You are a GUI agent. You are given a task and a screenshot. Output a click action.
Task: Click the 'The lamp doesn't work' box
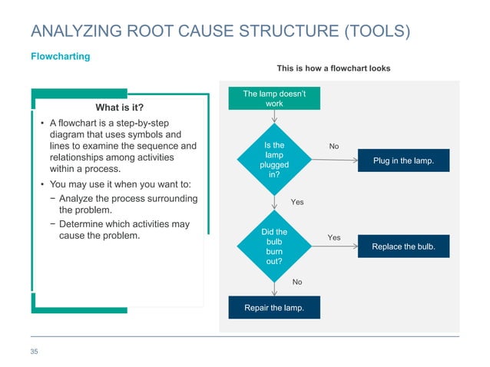(274, 98)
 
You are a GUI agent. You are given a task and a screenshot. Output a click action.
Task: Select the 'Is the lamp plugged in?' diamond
(274, 160)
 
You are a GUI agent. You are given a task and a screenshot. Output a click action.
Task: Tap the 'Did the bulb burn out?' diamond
(274, 246)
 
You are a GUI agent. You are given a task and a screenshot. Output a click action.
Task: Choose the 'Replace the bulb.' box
(403, 246)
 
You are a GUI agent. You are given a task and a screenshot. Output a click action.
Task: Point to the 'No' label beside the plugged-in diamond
(334, 146)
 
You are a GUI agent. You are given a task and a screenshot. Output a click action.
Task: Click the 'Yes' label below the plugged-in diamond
(297, 202)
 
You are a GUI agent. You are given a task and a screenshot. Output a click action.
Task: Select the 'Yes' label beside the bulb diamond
(334, 238)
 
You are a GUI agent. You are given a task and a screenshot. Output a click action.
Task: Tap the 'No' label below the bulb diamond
(297, 282)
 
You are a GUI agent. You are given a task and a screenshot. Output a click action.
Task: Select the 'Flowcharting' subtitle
(60, 57)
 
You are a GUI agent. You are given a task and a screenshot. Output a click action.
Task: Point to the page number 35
(34, 352)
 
